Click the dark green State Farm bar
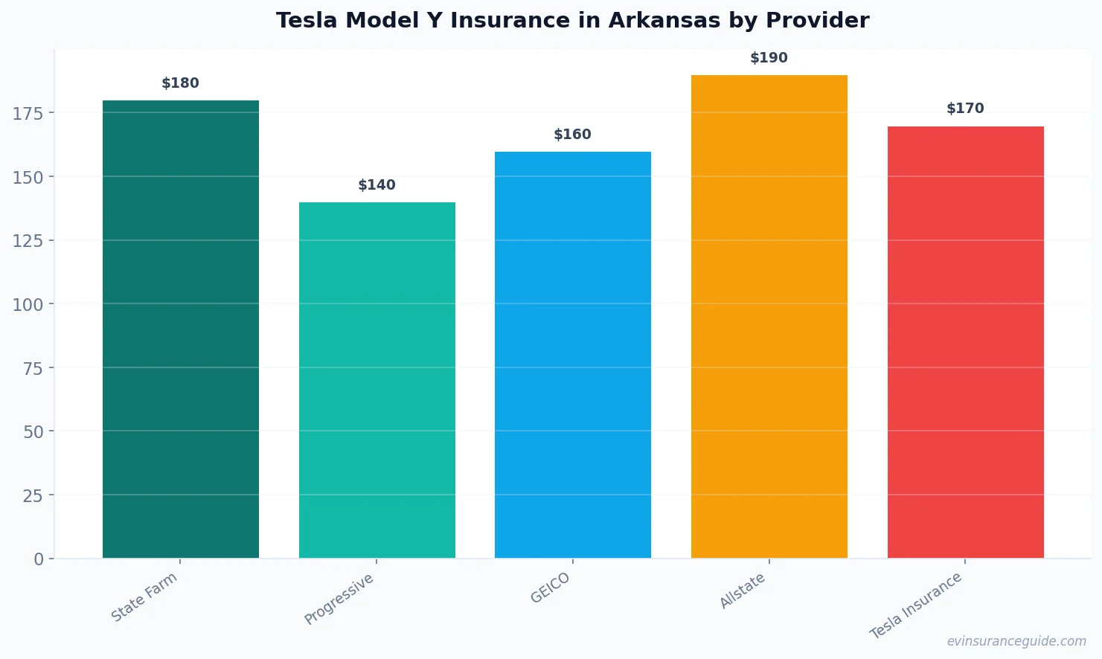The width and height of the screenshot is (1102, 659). tap(181, 329)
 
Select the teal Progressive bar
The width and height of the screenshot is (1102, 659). tap(377, 379)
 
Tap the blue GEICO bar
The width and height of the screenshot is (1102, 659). tap(573, 354)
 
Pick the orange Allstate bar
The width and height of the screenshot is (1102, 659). tap(769, 316)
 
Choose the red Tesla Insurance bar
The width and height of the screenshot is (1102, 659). tap(965, 341)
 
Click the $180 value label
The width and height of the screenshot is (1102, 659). tap(181, 83)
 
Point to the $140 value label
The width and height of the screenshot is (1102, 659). tap(377, 185)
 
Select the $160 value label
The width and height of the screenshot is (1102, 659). tap(573, 135)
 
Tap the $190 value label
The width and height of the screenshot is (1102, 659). tap(769, 58)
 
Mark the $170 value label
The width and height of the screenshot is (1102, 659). tap(965, 109)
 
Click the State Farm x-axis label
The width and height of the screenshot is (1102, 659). tap(144, 597)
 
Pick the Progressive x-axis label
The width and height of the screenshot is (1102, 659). tap(339, 599)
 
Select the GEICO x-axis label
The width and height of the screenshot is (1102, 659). tap(551, 588)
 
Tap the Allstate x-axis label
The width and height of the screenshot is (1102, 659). tap(743, 591)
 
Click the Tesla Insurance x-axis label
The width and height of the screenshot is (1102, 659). tap(916, 605)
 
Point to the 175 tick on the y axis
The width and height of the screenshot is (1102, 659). tap(28, 113)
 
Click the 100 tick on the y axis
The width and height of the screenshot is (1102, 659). tap(28, 304)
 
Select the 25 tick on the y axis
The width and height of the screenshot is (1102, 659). tap(33, 495)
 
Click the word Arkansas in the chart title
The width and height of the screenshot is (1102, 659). tap(664, 21)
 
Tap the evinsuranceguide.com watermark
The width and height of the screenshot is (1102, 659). tap(1016, 641)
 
